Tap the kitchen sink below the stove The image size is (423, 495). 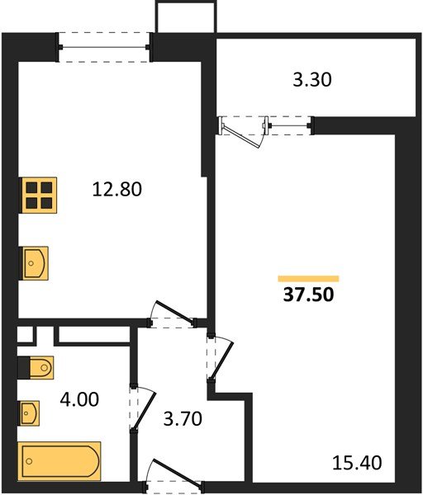(x=35, y=263)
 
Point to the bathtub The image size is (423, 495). (x=59, y=460)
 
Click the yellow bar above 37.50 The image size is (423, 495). (x=308, y=278)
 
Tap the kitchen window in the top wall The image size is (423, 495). (x=104, y=47)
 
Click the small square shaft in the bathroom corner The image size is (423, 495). (x=25, y=335)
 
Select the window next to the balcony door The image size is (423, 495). (x=291, y=125)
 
